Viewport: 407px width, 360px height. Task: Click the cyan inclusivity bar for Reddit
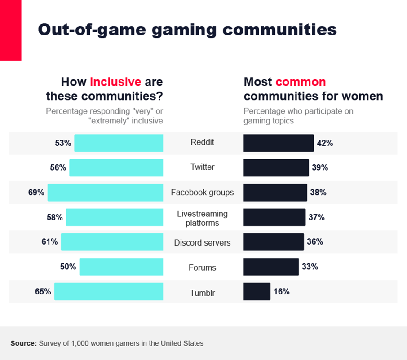tap(119, 143)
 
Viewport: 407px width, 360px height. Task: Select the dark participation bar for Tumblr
tap(257, 291)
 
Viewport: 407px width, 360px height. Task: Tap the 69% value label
tap(36, 193)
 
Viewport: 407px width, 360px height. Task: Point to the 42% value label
tap(325, 143)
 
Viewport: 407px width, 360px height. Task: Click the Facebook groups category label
tap(202, 193)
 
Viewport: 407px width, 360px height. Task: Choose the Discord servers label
tap(202, 243)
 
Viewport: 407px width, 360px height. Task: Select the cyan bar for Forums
tap(121, 267)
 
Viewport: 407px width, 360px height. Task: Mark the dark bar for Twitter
tap(276, 167)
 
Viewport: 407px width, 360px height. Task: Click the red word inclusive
tap(115, 82)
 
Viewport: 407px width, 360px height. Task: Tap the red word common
tap(301, 82)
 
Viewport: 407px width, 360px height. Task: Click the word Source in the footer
tap(23, 343)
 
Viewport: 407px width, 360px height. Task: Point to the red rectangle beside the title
tap(10, 30)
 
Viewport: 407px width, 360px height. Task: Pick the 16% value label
tap(281, 291)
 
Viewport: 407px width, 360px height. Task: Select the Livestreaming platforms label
tap(202, 218)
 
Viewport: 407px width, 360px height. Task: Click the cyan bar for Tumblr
tap(109, 291)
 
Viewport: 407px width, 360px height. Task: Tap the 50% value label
tap(68, 267)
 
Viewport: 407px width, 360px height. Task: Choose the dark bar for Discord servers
tap(274, 241)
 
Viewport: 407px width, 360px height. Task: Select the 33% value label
tap(310, 267)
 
